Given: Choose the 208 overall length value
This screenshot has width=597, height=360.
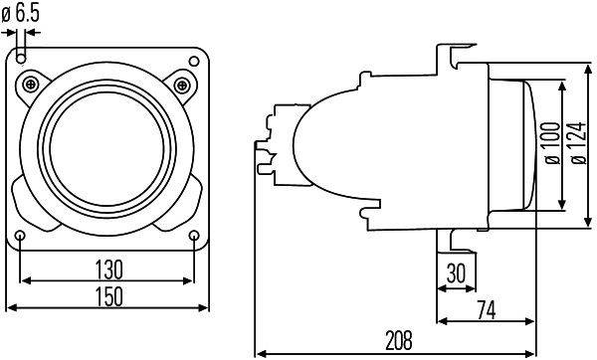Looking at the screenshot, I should tap(398, 340).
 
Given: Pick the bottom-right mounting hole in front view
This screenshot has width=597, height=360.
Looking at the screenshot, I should tap(193, 235).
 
